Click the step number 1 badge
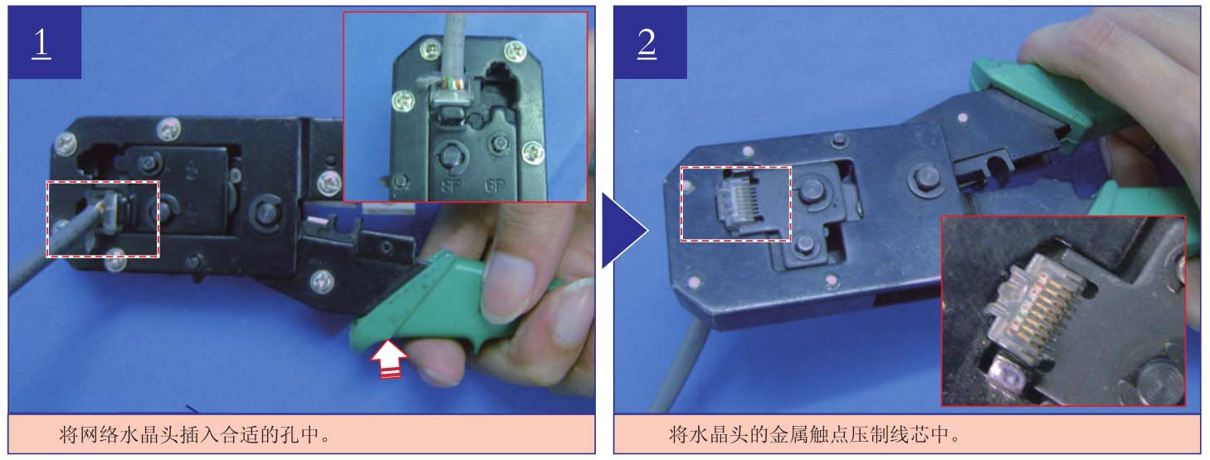click(x=45, y=42)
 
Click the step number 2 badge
click(x=651, y=42)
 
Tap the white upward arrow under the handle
click(x=389, y=359)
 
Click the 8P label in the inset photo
click(x=451, y=186)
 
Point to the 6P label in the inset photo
click(x=495, y=186)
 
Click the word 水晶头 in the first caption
click(x=147, y=434)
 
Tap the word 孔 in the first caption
click(x=290, y=434)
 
